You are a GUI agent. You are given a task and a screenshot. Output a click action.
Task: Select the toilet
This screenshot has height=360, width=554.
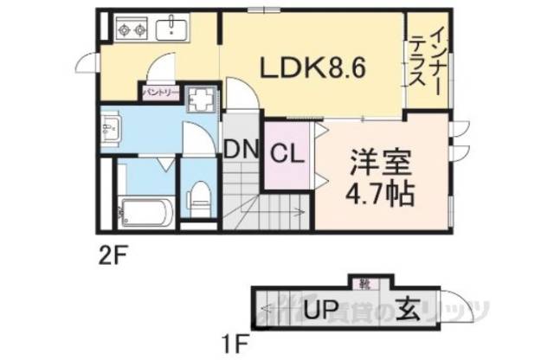click(197, 197)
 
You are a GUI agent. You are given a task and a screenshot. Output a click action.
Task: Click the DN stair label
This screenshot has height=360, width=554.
click(242, 149)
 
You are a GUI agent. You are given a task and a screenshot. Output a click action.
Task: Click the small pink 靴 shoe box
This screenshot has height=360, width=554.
click(362, 282)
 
